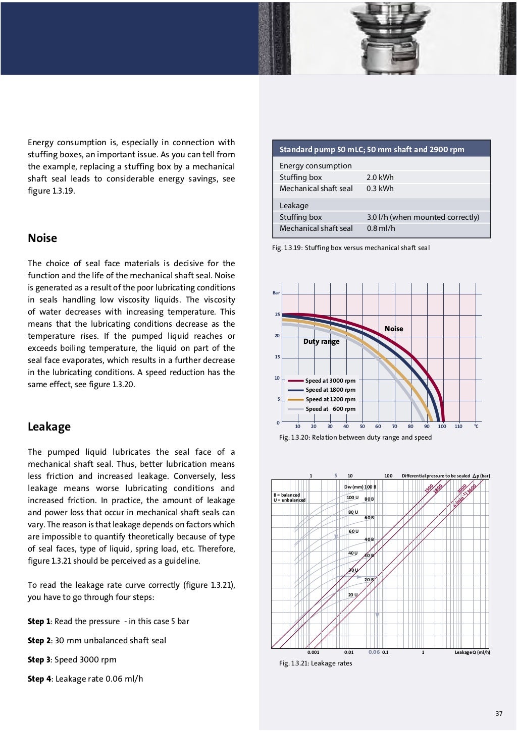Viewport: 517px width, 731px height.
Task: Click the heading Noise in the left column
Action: coord(42,238)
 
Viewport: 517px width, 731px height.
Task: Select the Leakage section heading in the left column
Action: coord(49,427)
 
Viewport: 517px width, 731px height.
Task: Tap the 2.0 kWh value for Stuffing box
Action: coord(380,177)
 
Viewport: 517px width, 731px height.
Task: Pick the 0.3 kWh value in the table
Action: coord(380,189)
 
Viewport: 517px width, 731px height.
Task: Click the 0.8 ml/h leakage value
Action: coord(381,228)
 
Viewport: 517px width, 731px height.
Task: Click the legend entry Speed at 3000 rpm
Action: coord(330,381)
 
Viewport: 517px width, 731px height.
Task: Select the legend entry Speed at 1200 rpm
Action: coord(330,399)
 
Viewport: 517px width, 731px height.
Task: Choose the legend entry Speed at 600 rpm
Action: coord(330,409)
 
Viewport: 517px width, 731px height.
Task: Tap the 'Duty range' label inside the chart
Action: coord(321,341)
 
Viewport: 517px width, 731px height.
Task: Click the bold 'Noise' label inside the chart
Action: coord(394,329)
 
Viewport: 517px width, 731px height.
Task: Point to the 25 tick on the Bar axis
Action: coord(277,315)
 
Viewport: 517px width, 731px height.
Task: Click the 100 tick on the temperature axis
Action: coord(442,427)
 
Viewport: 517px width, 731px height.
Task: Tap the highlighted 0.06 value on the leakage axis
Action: coord(374,652)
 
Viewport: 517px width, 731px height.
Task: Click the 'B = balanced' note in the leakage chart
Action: coord(287,495)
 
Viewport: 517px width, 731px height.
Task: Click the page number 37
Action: coord(499,713)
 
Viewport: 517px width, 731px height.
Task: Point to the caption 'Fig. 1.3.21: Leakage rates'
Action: coord(316,663)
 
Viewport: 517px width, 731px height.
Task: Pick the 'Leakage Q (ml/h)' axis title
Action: coord(472,652)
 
